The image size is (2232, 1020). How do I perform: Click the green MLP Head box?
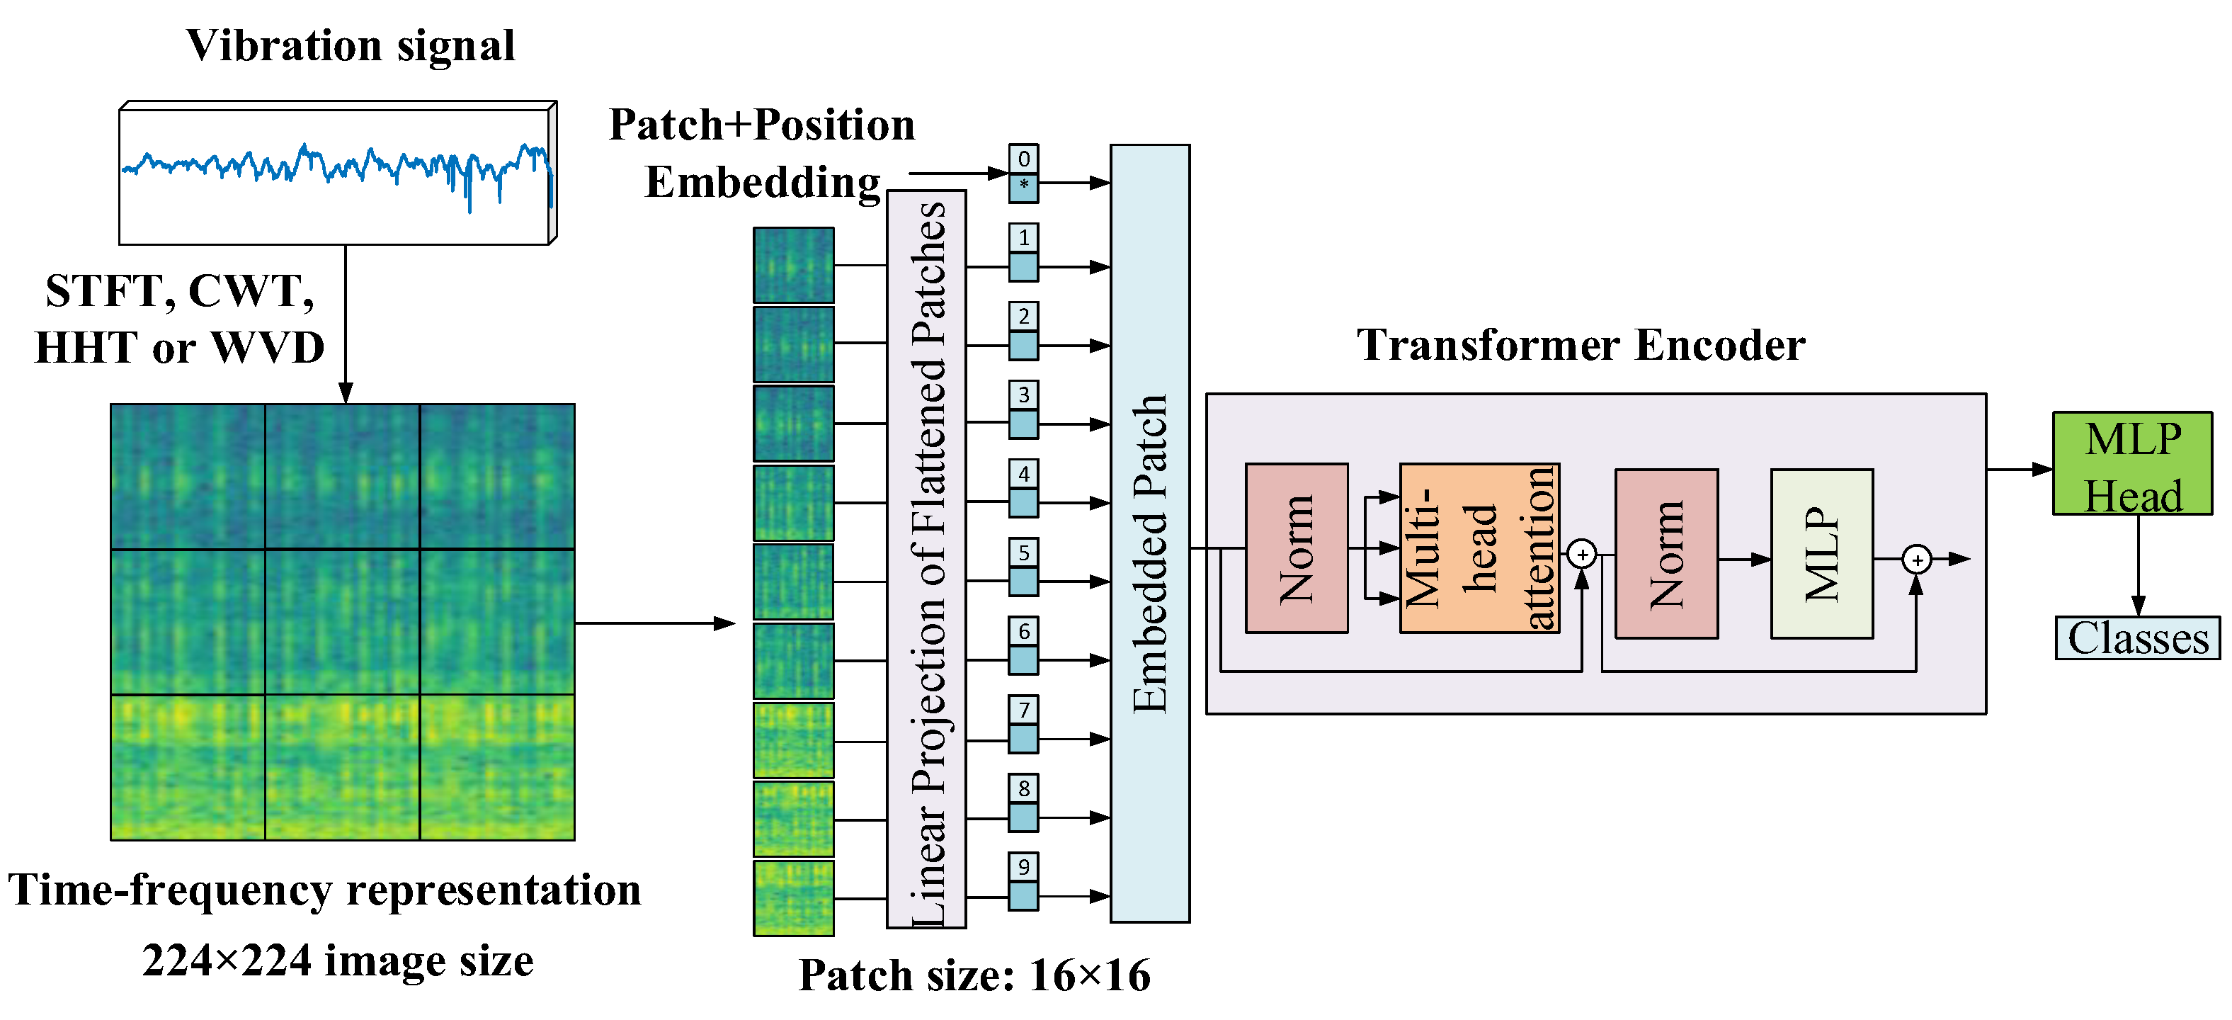tap(2131, 464)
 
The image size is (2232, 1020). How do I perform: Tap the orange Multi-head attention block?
tap(1479, 548)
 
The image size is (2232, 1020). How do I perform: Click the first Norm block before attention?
tap(1297, 548)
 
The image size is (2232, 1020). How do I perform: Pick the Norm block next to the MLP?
tap(1666, 554)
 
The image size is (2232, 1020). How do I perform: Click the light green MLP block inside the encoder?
tap(1821, 554)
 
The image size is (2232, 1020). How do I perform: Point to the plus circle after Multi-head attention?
tap(1582, 554)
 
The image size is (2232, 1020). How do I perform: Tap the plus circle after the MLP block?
tap(1917, 560)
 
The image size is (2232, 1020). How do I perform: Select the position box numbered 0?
tap(1023, 159)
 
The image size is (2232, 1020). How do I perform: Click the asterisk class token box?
tap(1023, 187)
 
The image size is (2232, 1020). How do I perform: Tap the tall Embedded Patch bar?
tap(1150, 533)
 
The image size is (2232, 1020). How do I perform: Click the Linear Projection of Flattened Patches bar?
tap(926, 559)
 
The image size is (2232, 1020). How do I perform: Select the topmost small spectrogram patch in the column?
tap(793, 264)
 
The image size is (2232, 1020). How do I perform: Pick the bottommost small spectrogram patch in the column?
tap(793, 897)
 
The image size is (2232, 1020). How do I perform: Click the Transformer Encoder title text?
tap(1581, 345)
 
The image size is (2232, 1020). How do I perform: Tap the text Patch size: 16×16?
tap(974, 975)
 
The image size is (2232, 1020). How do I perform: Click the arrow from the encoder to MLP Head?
tap(2019, 469)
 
